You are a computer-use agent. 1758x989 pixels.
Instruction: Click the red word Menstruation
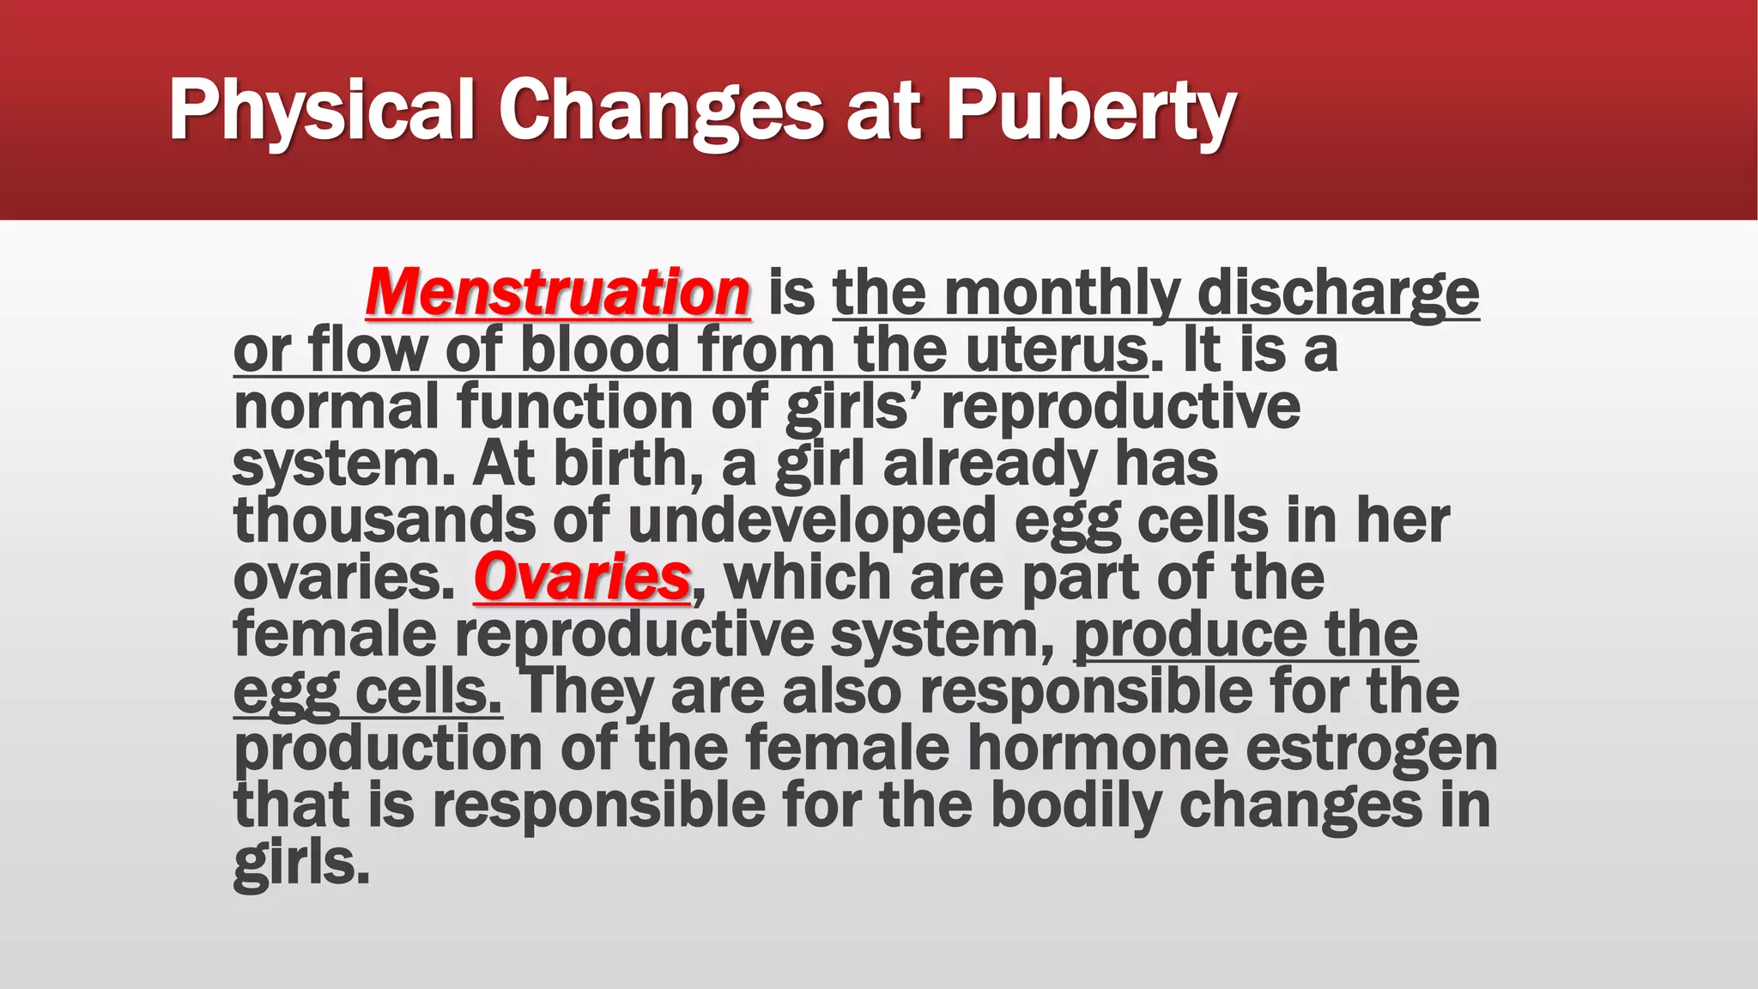[x=558, y=293]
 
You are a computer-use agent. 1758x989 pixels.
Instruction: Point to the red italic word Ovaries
[x=582, y=578]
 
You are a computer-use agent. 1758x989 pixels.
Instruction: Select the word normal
[x=336, y=407]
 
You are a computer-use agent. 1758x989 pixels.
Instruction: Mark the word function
[x=575, y=407]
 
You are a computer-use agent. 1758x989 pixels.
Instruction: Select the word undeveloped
[x=811, y=521]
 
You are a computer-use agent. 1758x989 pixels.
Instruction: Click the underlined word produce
[x=1190, y=635]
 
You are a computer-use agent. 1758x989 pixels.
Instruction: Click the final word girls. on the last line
[x=301, y=863]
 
